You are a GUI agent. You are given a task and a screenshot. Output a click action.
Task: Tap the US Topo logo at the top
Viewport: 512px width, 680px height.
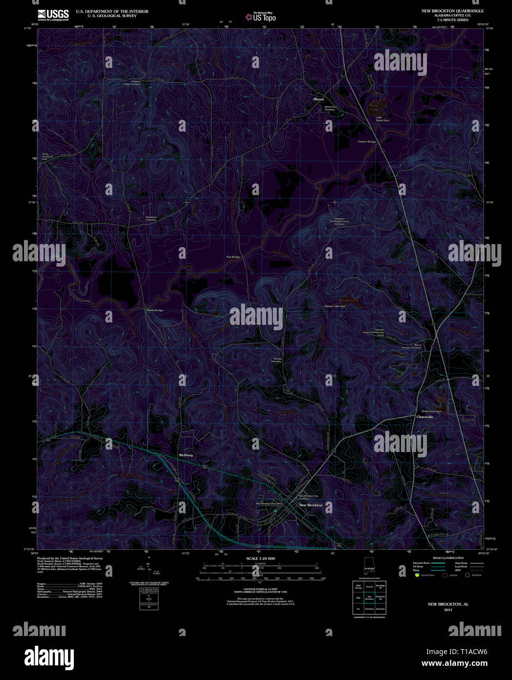pyautogui.click(x=261, y=17)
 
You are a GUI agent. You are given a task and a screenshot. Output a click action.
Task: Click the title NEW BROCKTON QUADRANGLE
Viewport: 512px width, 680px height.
pyautogui.click(x=453, y=11)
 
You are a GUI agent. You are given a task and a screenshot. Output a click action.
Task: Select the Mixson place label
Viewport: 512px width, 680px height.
pyautogui.click(x=318, y=99)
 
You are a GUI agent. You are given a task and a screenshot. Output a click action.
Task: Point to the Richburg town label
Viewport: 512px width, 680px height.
pyautogui.click(x=186, y=455)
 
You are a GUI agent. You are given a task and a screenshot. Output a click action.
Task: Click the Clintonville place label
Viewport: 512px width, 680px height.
pyautogui.click(x=424, y=417)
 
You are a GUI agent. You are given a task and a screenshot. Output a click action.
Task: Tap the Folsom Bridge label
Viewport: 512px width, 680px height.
pyautogui.click(x=367, y=142)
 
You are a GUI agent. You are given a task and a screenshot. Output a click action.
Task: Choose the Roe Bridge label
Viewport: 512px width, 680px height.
pyautogui.click(x=233, y=257)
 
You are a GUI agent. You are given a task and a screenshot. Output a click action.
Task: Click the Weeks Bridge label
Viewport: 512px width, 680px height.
pyautogui.click(x=155, y=310)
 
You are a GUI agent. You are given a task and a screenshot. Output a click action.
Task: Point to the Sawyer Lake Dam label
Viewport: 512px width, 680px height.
pyautogui.click(x=335, y=306)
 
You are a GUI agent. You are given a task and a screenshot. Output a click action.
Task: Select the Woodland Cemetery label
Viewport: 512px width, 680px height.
pyautogui.click(x=151, y=218)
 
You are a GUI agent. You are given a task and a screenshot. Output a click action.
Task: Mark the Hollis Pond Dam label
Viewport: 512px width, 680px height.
pyautogui.click(x=432, y=411)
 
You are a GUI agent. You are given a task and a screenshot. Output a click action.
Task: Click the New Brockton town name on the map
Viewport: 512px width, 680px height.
pyautogui.click(x=311, y=505)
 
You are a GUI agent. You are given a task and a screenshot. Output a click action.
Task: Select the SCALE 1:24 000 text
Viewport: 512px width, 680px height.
pyautogui.click(x=261, y=559)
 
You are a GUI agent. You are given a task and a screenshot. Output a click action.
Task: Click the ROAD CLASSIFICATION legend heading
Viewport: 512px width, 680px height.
pyautogui.click(x=448, y=558)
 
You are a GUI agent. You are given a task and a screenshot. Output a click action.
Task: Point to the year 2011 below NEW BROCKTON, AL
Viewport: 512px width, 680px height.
pyautogui.click(x=448, y=610)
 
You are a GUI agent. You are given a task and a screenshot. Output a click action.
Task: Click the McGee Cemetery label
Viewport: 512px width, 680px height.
pyautogui.click(x=277, y=360)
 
